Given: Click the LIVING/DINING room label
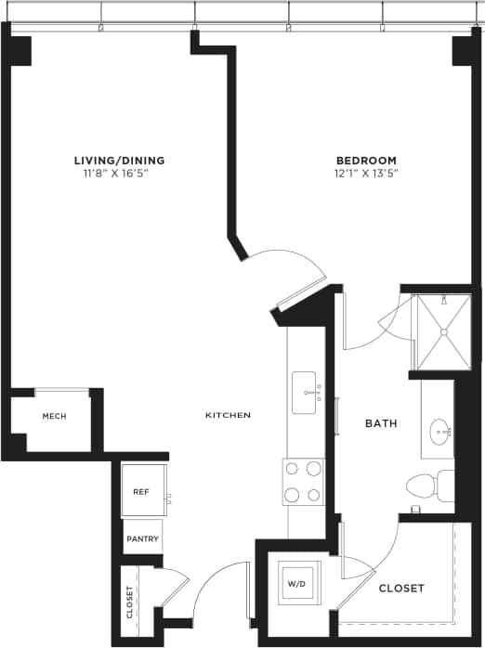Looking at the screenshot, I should pos(111,160).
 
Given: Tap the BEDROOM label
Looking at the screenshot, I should pos(366,160).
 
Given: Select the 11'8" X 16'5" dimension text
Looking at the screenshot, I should pos(111,173).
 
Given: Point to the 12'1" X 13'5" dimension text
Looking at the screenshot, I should pos(366,173).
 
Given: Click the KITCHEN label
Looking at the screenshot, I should pos(228,415).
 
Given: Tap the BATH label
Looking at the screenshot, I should pos(381,423).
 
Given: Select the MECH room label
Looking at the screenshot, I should pos(54,417).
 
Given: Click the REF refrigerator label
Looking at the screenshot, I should pos(141,492).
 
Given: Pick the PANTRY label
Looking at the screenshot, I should pos(142,539).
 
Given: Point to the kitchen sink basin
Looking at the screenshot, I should pos(304,393).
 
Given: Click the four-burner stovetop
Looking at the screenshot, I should pos(303,481).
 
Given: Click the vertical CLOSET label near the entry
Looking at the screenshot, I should pos(129,602).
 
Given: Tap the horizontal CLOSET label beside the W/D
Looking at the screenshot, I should pos(401,589).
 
